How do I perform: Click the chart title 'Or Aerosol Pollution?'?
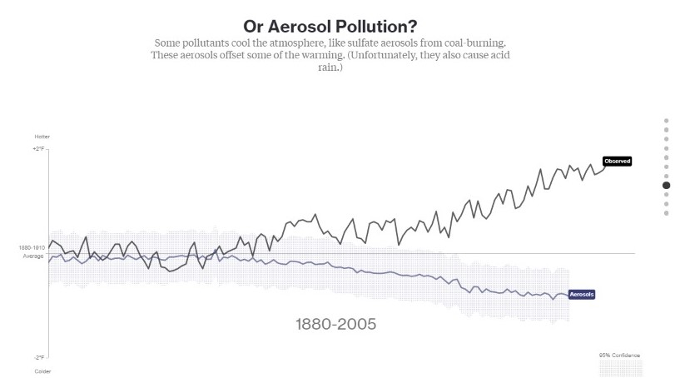coord(330,25)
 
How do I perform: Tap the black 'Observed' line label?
coord(618,161)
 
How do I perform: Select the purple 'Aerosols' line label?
coord(583,295)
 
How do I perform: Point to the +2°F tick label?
coord(37,148)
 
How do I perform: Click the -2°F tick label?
coord(38,357)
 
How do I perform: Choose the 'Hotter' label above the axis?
coord(42,136)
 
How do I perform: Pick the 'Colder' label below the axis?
coord(42,371)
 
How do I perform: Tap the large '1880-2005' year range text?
coord(336,323)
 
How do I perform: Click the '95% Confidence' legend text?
coord(619,355)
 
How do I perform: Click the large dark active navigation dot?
coord(666,186)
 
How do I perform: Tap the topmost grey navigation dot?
coord(666,121)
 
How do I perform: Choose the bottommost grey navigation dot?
coord(666,213)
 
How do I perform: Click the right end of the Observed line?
coord(605,167)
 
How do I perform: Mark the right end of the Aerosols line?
coord(567,296)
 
